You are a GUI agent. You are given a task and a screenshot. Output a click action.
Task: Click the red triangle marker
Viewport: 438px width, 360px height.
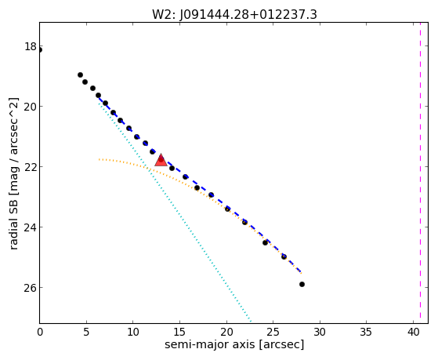pyautogui.click(x=161, y=160)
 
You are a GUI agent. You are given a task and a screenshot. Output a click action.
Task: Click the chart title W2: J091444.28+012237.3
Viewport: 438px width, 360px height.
pyautogui.click(x=234, y=15)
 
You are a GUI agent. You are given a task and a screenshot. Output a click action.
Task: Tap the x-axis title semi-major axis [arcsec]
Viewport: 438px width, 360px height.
pyautogui.click(x=234, y=344)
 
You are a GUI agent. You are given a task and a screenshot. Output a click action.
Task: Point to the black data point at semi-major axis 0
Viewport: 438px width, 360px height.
pyautogui.click(x=40, y=50)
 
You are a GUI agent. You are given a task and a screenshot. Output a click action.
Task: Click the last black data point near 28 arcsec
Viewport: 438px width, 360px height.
pyautogui.click(x=302, y=284)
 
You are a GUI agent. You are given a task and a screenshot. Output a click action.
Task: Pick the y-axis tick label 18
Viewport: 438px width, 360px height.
pyautogui.click(x=31, y=46)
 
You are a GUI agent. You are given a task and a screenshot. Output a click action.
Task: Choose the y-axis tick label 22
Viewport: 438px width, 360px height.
pyautogui.click(x=31, y=167)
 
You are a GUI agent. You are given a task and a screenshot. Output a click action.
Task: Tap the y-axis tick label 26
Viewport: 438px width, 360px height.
pyautogui.click(x=31, y=288)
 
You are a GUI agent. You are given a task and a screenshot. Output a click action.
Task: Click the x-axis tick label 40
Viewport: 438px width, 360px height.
pyautogui.click(x=413, y=332)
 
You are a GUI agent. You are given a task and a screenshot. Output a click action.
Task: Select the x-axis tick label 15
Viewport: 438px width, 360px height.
pyautogui.click(x=179, y=332)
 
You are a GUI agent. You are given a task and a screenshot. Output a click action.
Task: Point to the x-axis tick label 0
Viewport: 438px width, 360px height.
pyautogui.click(x=40, y=332)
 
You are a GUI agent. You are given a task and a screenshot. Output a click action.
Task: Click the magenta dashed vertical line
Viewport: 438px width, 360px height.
pyautogui.click(x=420, y=173)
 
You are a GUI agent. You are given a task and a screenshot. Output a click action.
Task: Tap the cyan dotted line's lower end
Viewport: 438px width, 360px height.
pyautogui.click(x=251, y=321)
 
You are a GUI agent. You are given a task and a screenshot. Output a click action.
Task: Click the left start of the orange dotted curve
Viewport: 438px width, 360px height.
pyautogui.click(x=100, y=159)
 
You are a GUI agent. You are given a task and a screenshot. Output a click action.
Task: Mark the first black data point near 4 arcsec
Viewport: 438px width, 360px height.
pyautogui.click(x=80, y=75)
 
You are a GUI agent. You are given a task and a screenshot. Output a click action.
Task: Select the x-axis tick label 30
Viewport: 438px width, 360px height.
pyautogui.click(x=320, y=332)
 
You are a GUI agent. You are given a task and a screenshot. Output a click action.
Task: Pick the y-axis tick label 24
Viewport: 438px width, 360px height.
pyautogui.click(x=31, y=227)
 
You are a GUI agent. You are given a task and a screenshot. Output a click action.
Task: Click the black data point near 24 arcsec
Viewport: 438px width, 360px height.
pyautogui.click(x=265, y=242)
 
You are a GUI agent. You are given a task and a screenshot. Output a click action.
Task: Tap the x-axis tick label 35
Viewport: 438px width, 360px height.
pyautogui.click(x=366, y=332)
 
